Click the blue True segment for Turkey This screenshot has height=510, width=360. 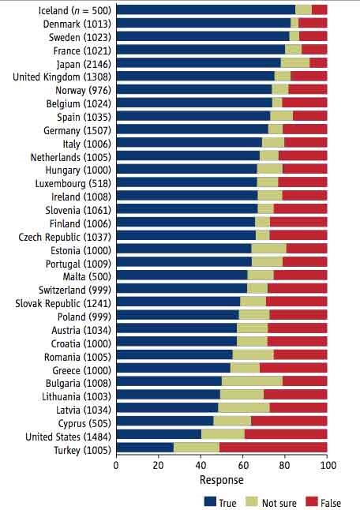(x=144, y=448)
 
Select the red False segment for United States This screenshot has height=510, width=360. (x=286, y=434)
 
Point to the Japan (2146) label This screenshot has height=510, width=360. (x=84, y=63)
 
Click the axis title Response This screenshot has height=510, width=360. (x=221, y=480)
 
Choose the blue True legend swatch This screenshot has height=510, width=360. (x=210, y=500)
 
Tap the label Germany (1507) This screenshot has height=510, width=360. (x=78, y=129)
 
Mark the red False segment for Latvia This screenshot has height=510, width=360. (x=298, y=407)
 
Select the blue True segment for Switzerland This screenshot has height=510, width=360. (x=181, y=288)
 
